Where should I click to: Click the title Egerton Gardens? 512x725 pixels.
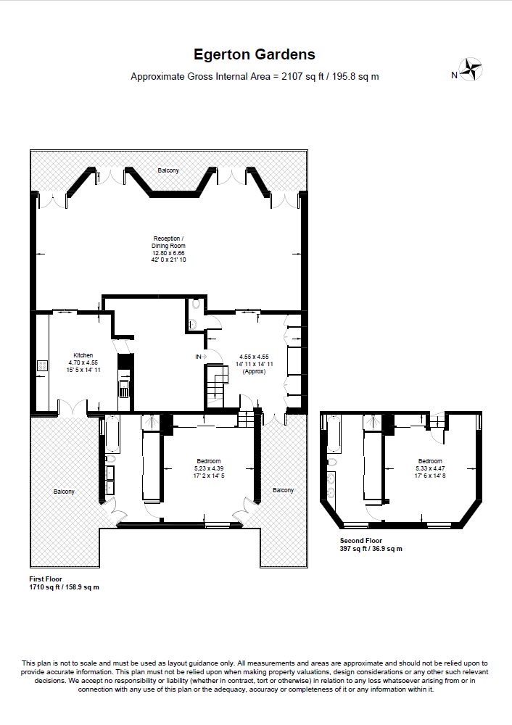254,54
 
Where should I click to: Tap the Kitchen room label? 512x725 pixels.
83,355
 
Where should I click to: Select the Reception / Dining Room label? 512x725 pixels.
168,242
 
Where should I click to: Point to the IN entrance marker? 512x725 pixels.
198,357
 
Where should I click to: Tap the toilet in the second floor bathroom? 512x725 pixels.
332,462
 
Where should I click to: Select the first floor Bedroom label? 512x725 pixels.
208,461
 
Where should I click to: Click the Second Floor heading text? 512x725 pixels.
360,540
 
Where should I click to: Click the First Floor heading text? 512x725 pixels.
45,579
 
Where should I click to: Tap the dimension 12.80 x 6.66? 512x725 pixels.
168,253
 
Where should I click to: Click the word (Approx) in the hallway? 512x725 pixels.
254,371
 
